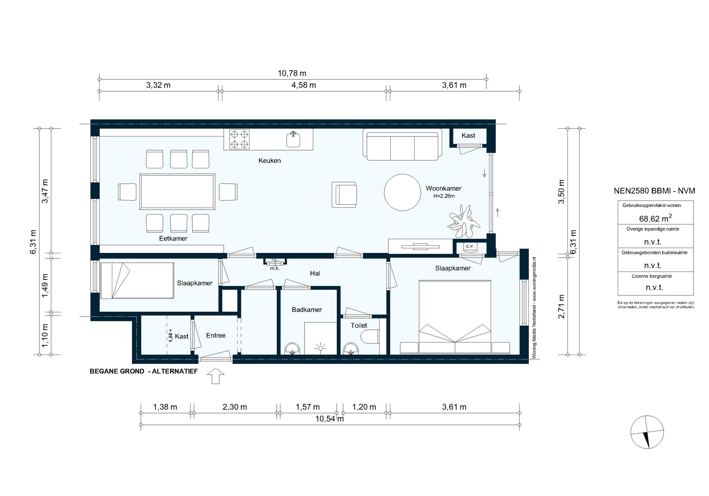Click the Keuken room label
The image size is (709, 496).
pyautogui.click(x=269, y=161)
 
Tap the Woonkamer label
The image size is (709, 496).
pyautogui.click(x=443, y=189)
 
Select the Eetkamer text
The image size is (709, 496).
pyautogui.click(x=173, y=238)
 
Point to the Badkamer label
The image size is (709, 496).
pyautogui.click(x=307, y=310)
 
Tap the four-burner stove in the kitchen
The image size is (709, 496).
pyautogui.click(x=239, y=139)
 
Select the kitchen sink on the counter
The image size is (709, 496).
pyautogui.click(x=293, y=139)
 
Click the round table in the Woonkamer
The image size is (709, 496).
pyautogui.click(x=402, y=192)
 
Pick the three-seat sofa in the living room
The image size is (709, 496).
pyautogui.click(x=402, y=144)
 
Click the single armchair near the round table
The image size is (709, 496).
pyautogui.click(x=344, y=195)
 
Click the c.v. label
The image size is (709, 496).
pyautogui.click(x=470, y=246)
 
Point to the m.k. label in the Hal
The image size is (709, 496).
pyautogui.click(x=275, y=268)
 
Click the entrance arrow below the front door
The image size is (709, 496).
pyautogui.click(x=216, y=376)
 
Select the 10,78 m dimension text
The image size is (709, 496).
pyautogui.click(x=292, y=73)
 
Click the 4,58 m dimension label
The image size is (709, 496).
pyautogui.click(x=304, y=85)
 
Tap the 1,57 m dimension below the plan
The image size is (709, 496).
pyautogui.click(x=308, y=407)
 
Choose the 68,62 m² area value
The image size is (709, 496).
pyautogui.click(x=655, y=218)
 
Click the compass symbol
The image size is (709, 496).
pyautogui.click(x=647, y=432)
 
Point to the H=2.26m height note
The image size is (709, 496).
pyautogui.click(x=444, y=196)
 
